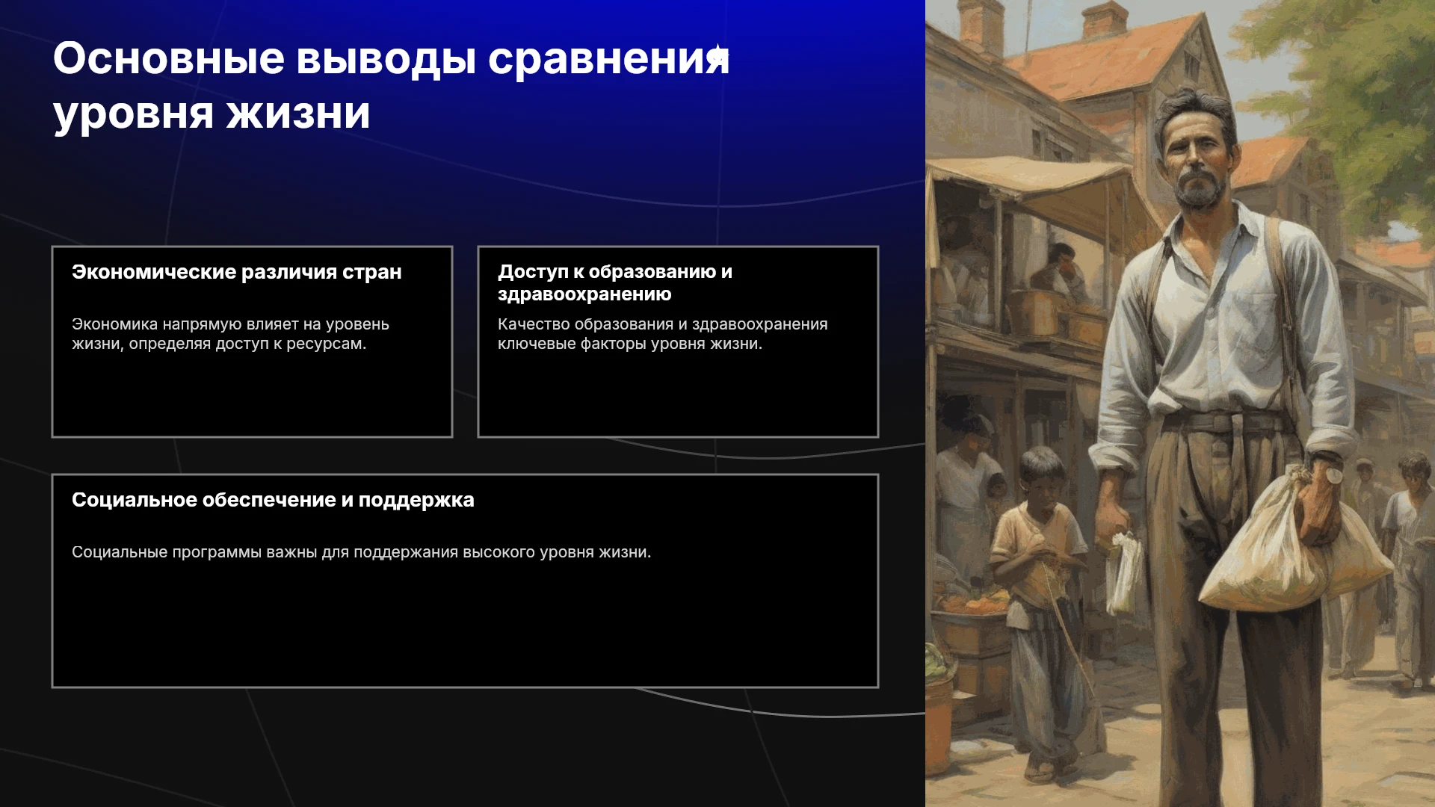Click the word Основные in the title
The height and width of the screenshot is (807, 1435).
169,58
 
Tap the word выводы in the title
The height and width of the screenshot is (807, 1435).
386,60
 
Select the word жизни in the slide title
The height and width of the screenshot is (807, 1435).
298,114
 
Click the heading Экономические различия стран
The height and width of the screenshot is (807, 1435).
237,272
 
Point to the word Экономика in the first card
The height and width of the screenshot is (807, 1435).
115,324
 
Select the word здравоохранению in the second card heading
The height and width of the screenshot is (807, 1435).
584,294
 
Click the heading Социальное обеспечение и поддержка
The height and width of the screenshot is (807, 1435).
273,500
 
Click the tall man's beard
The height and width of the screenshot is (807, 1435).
1199,188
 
